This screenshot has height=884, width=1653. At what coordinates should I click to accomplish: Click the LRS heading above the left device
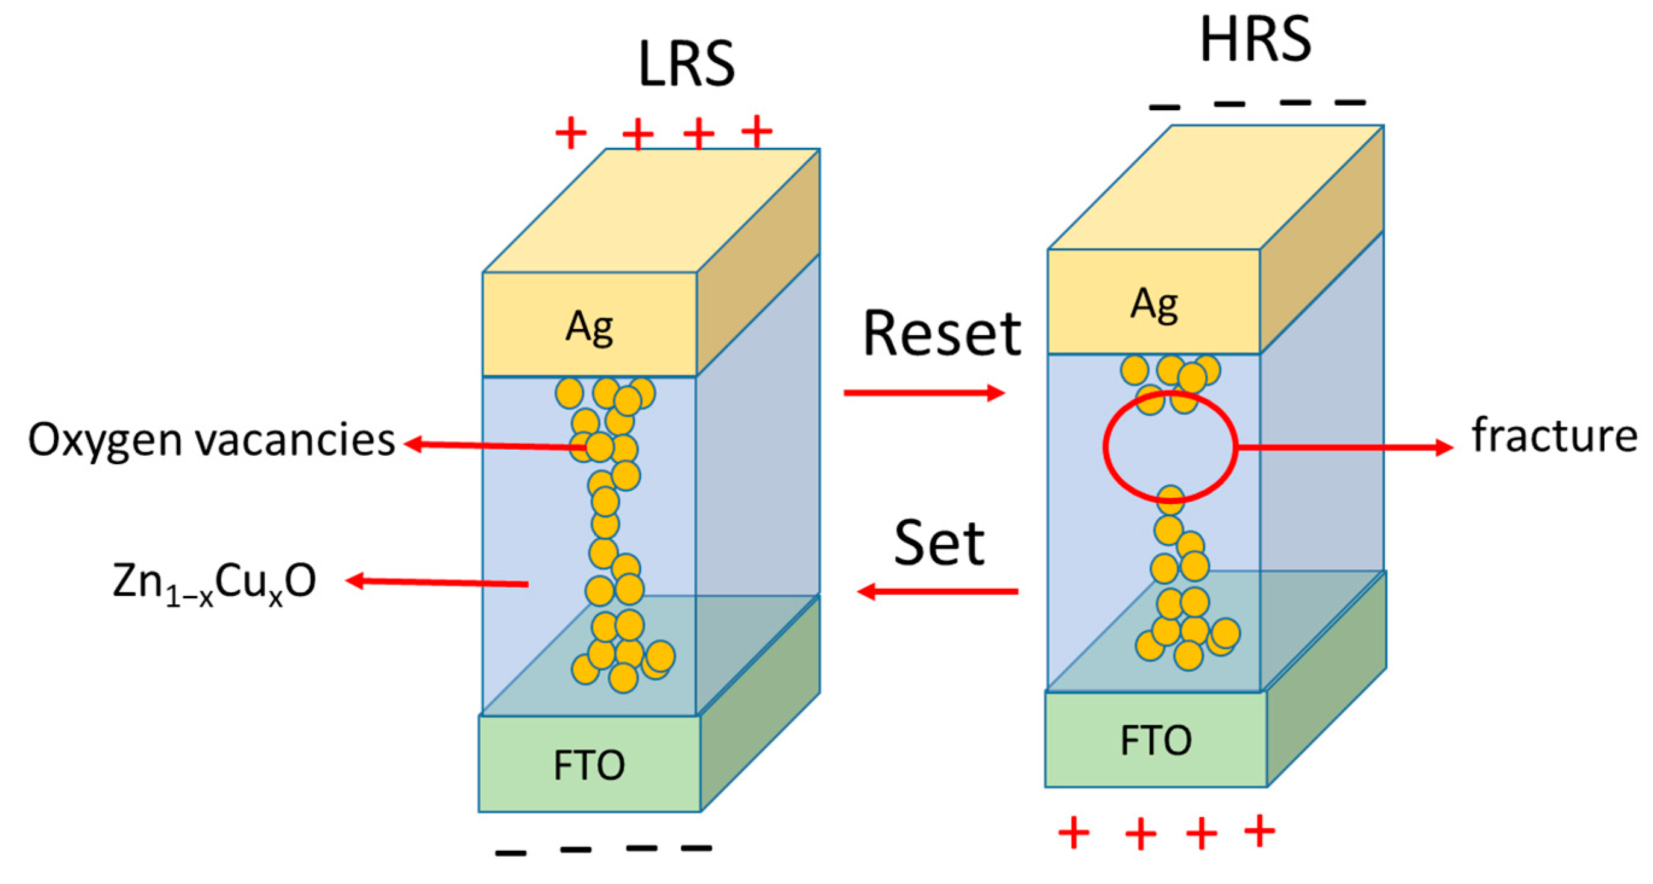(686, 64)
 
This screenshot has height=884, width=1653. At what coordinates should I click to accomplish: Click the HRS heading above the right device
(1255, 40)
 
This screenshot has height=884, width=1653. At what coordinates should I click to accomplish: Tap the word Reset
(942, 334)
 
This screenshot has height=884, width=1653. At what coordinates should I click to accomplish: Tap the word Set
(939, 544)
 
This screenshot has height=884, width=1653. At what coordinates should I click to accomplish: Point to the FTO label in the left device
(589, 765)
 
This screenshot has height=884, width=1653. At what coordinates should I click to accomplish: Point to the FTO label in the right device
(1156, 740)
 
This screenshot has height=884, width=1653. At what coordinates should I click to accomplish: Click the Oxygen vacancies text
(211, 440)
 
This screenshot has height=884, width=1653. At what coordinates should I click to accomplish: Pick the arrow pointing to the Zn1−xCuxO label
(436, 582)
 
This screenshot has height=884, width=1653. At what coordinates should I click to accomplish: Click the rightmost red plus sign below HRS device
(1259, 832)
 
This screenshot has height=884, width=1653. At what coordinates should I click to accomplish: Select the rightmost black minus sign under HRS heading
(1350, 102)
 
